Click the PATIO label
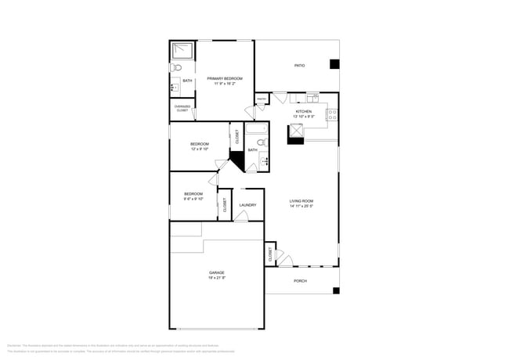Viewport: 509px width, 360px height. (x=299, y=67)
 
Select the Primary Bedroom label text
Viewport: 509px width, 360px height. (x=225, y=78)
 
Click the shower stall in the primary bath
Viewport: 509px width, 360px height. (x=183, y=52)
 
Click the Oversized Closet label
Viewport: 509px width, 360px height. (x=182, y=109)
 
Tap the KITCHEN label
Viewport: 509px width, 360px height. (x=303, y=111)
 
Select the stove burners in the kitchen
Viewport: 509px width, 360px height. (x=332, y=114)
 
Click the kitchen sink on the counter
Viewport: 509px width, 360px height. (x=313, y=97)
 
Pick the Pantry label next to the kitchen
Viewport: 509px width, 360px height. (x=261, y=99)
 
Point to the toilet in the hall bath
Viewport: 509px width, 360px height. (x=262, y=142)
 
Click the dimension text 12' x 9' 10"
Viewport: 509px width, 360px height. (x=200, y=149)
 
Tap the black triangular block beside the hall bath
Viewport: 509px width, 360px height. (x=236, y=165)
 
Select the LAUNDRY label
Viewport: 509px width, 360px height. (x=248, y=205)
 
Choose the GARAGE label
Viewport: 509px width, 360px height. (x=216, y=272)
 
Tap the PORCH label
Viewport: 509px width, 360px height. (x=300, y=281)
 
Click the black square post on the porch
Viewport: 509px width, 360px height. (x=336, y=290)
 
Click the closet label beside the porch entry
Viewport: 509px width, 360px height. (x=270, y=254)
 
